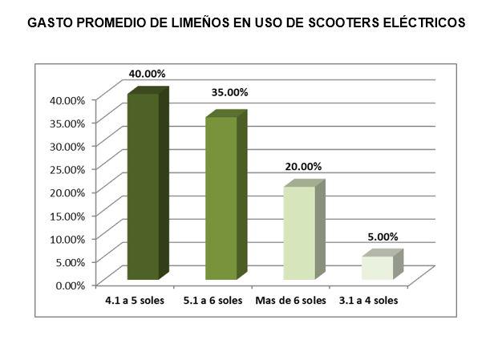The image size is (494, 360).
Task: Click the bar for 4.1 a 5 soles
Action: pyautogui.click(x=144, y=187)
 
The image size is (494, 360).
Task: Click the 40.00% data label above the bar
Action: pyautogui.click(x=148, y=74)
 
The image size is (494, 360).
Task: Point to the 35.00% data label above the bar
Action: pyautogui.click(x=229, y=92)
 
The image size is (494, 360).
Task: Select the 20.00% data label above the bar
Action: pyautogui.click(x=303, y=167)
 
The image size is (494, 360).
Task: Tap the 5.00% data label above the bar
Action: pyautogui.click(x=381, y=237)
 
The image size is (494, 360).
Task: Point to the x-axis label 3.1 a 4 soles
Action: pyautogui.click(x=370, y=301)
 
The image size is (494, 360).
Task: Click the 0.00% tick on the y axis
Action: pyautogui.click(x=71, y=284)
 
